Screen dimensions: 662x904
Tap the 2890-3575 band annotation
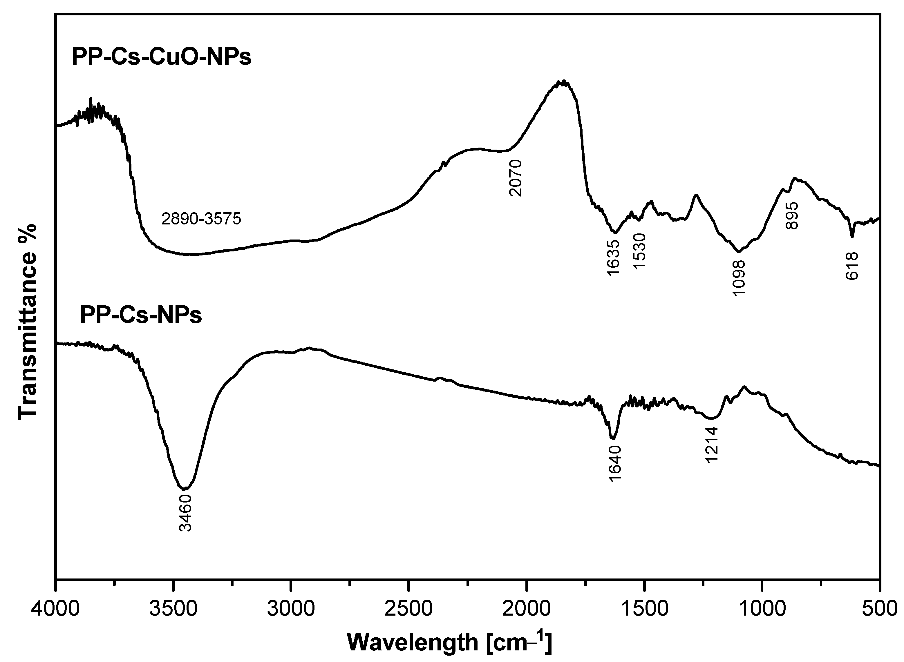(x=201, y=219)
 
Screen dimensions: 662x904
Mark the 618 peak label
(x=852, y=266)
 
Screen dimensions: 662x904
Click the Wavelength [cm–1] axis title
(x=449, y=642)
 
